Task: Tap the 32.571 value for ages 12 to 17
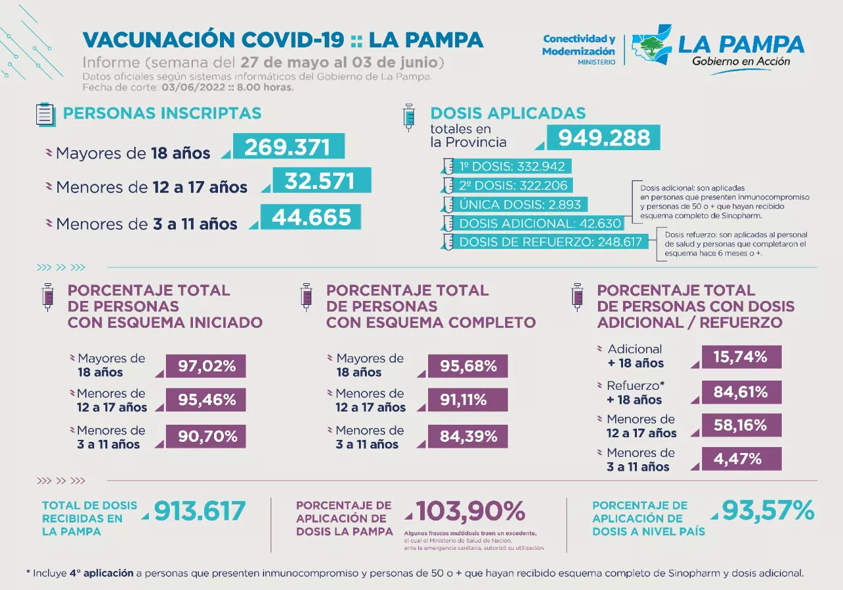(319, 180)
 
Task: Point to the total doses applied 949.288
(604, 138)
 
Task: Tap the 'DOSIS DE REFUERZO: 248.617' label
(550, 242)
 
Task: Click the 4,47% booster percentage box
(741, 459)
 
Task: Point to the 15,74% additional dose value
(741, 357)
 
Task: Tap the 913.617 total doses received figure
(200, 512)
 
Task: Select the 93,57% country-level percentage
(768, 510)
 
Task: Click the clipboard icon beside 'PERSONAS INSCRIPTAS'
(45, 115)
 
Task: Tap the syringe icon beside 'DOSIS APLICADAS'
(409, 117)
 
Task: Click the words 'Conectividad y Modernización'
(578, 45)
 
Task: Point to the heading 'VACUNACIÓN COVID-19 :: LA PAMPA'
(283, 40)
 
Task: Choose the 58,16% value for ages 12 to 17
(741, 425)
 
